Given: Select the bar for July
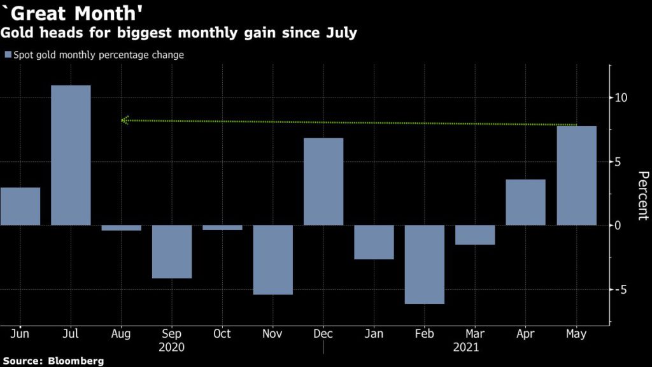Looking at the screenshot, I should point(71,155).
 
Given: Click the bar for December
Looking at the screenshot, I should point(323,182).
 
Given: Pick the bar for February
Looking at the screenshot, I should point(425,264).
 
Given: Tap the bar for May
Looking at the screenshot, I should point(576,175).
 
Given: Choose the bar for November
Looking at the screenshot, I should point(273,260).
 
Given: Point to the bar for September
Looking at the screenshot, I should point(172,252).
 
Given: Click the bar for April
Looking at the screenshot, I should point(525,202).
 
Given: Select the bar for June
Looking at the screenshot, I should point(20,206).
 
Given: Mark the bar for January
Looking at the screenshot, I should point(374,242).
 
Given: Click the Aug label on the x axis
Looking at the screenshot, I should point(121,334).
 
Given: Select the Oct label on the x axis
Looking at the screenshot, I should point(222,334).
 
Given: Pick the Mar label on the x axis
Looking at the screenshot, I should point(475,334).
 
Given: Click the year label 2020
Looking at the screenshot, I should point(172,348).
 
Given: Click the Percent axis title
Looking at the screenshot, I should point(642,196).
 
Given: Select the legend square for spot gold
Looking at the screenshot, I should point(8,55).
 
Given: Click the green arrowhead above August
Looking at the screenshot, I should point(125,120).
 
